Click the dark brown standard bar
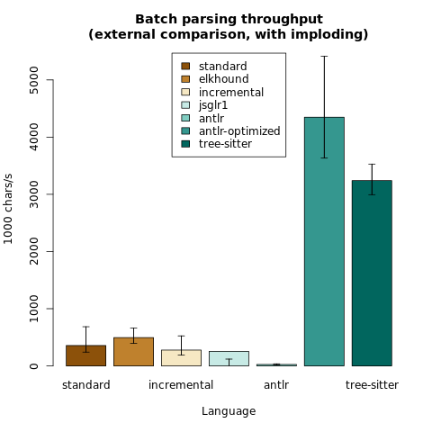point(85,355)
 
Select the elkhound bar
point(133,352)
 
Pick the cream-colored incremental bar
point(181,358)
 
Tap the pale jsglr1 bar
point(229,358)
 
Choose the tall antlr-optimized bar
point(324,241)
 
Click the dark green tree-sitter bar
point(372,273)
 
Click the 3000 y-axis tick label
point(34,194)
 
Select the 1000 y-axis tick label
point(34,309)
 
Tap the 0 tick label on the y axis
point(34,366)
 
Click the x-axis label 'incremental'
point(181,385)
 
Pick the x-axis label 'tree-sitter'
point(372,385)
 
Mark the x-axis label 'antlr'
point(276,385)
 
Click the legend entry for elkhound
point(215,79)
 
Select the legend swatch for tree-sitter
point(185,144)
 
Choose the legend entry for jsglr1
point(204,105)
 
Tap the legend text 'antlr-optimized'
point(239,131)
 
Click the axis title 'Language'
point(229,411)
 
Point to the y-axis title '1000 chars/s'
point(8,209)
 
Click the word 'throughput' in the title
point(282,20)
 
